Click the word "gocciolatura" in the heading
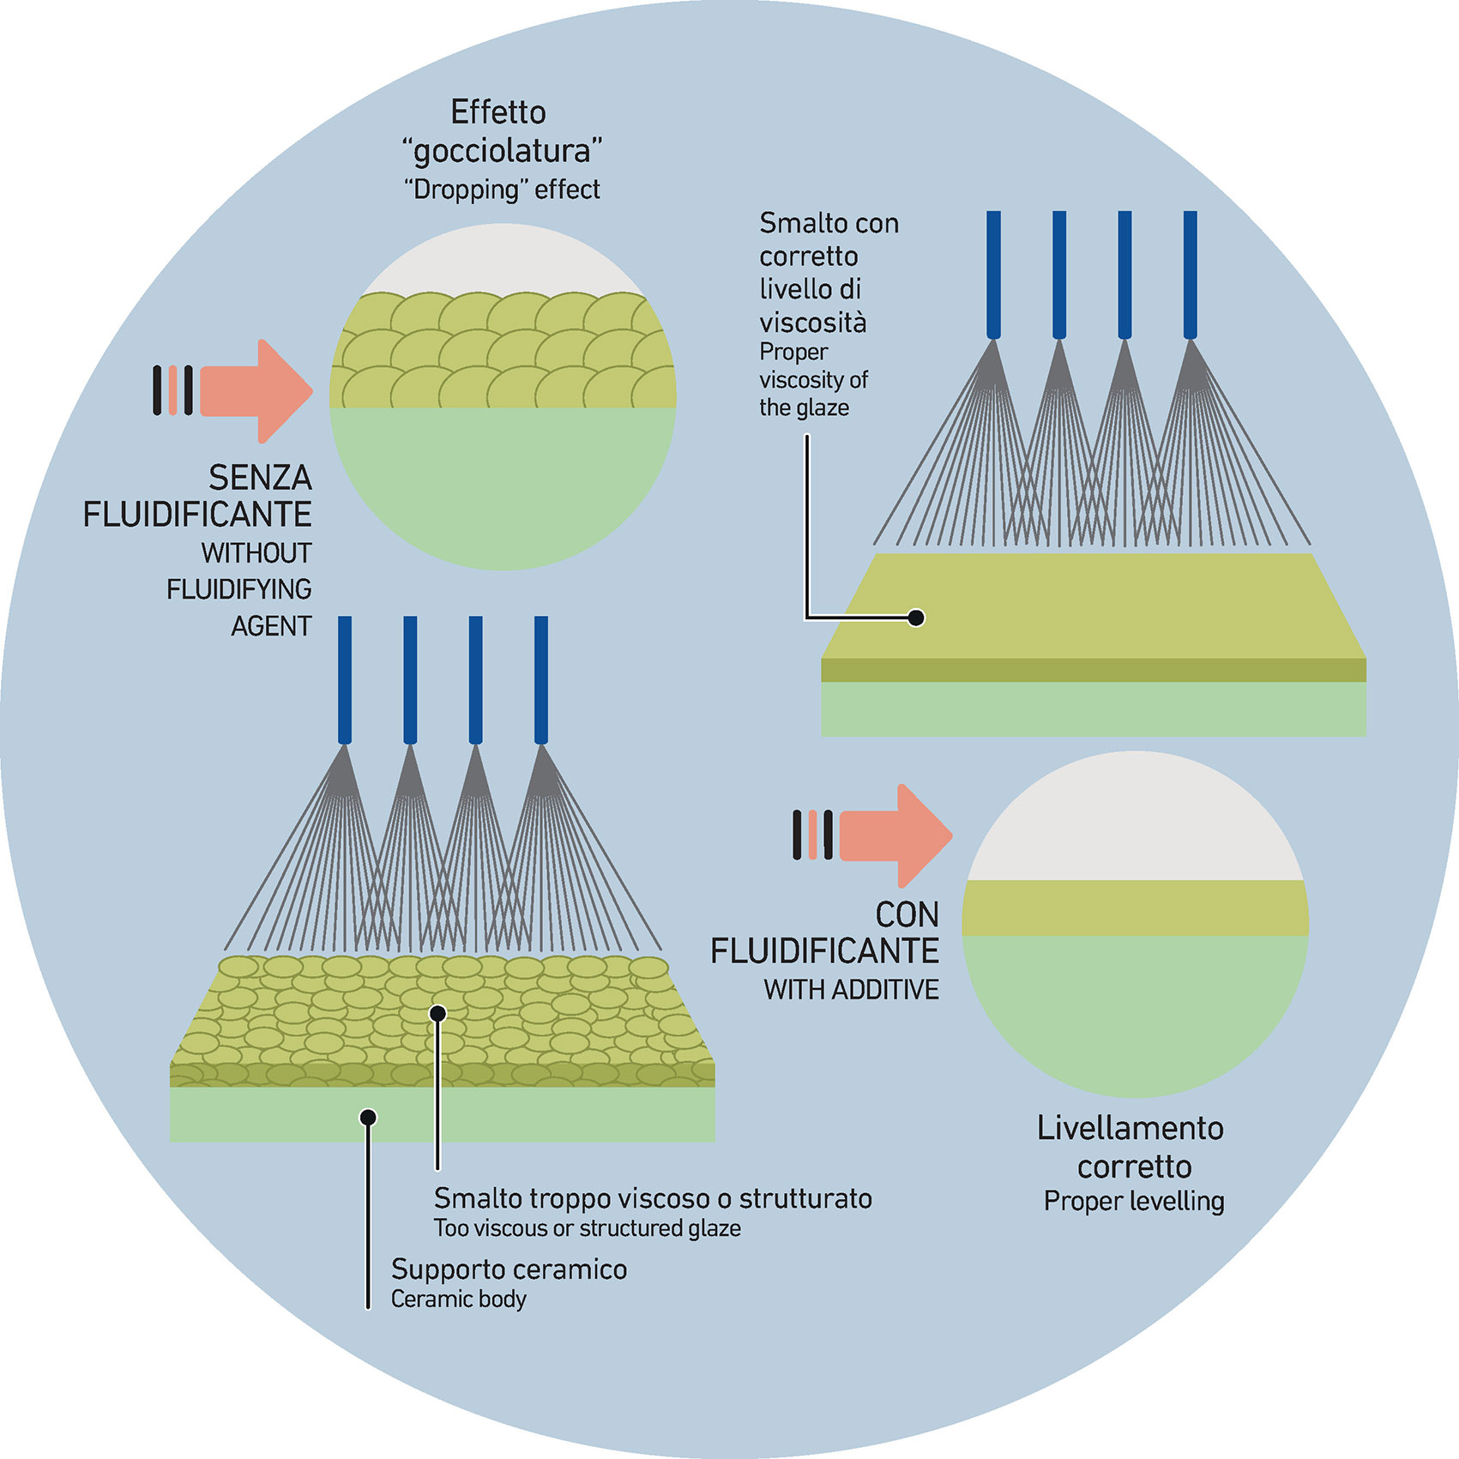(502, 151)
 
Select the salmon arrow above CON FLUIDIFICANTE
(895, 835)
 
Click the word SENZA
(260, 478)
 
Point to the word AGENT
(271, 626)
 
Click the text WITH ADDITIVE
(851, 990)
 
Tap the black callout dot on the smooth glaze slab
(916, 618)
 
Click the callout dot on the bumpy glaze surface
(437, 1014)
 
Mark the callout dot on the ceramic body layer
(368, 1117)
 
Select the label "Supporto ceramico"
(509, 1269)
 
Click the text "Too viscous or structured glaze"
(587, 1228)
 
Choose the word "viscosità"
(812, 323)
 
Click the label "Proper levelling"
(1134, 1202)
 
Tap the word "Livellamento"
(1130, 1128)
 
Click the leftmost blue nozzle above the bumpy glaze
(345, 679)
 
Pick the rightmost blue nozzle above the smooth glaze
(1190, 274)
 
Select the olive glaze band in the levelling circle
(1135, 907)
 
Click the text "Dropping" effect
(502, 190)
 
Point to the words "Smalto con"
(829, 223)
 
